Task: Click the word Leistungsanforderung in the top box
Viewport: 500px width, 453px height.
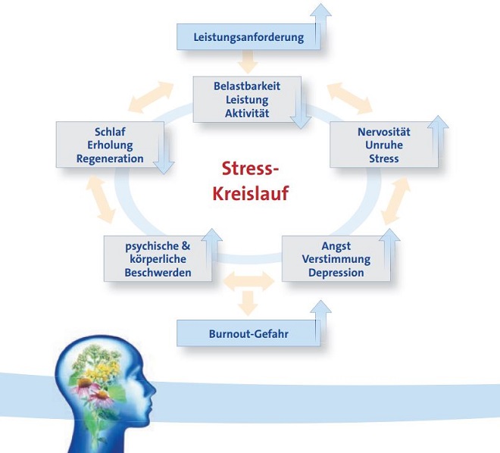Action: pyautogui.click(x=248, y=37)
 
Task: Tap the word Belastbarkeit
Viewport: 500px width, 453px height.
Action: pyautogui.click(x=247, y=86)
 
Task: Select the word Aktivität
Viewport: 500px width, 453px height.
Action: pyautogui.click(x=247, y=113)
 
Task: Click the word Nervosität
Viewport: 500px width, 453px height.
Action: pyautogui.click(x=384, y=132)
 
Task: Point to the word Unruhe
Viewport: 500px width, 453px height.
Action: pyautogui.click(x=384, y=145)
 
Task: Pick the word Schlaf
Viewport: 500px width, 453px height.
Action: pyautogui.click(x=110, y=132)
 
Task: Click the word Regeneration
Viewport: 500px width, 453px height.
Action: pyautogui.click(x=110, y=159)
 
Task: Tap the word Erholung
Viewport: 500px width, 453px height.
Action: pyautogui.click(x=110, y=145)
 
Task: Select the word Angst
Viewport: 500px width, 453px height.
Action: pyautogui.click(x=336, y=246)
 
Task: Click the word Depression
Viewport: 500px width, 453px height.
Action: pyautogui.click(x=336, y=273)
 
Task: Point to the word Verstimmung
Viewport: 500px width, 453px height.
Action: pyautogui.click(x=336, y=259)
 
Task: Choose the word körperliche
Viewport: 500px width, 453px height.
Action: pyautogui.click(x=158, y=259)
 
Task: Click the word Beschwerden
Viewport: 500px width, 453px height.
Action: pyautogui.click(x=158, y=273)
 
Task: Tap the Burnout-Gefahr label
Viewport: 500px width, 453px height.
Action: pyautogui.click(x=248, y=334)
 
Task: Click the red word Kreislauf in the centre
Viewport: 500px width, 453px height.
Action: pyautogui.click(x=251, y=193)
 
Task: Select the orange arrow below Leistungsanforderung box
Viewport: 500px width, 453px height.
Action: pyautogui.click(x=248, y=62)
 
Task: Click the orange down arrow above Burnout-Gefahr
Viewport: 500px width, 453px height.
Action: pyautogui.click(x=248, y=303)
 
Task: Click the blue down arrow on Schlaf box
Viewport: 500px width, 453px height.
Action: pyautogui.click(x=164, y=154)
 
